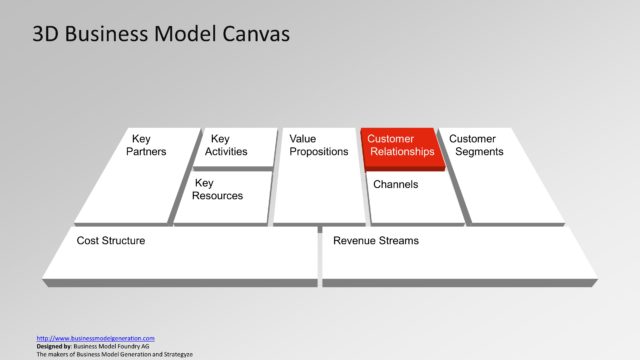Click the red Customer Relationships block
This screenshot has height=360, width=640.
(400, 147)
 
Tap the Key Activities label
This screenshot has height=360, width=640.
(226, 145)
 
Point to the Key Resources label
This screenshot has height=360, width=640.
(218, 189)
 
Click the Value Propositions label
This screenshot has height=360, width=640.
(318, 145)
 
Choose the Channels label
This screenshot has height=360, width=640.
(395, 184)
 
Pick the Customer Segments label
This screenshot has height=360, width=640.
(476, 145)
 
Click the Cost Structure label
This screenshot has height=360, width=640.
(111, 240)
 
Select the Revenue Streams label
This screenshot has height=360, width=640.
(376, 240)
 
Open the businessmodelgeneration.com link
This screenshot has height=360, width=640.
(95, 338)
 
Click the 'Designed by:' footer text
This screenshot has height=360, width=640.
(57, 346)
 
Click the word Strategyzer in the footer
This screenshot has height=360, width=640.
(174, 354)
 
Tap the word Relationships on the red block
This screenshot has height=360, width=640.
(402, 152)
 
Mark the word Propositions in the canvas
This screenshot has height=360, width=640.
(318, 152)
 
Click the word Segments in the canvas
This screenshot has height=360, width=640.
(480, 152)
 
